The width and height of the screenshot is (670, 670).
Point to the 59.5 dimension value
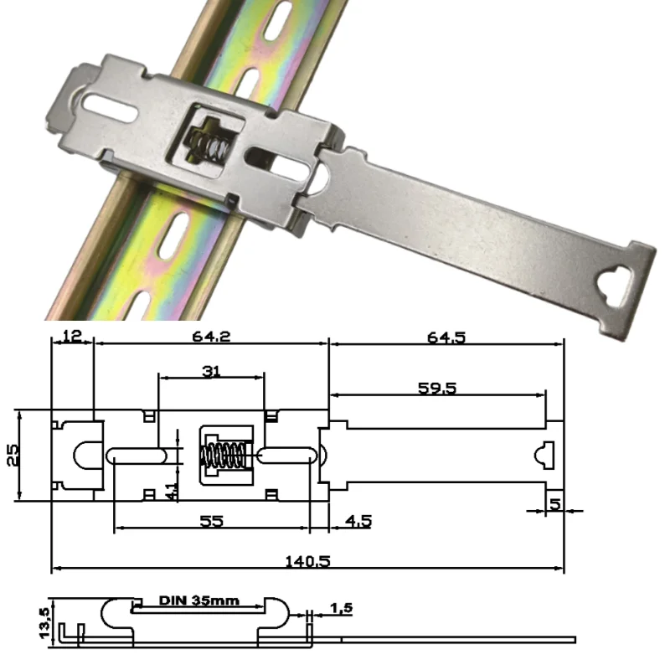(436, 388)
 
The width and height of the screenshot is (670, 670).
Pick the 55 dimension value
(212, 520)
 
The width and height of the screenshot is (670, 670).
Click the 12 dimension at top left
(71, 337)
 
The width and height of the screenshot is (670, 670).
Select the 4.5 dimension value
(358, 520)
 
